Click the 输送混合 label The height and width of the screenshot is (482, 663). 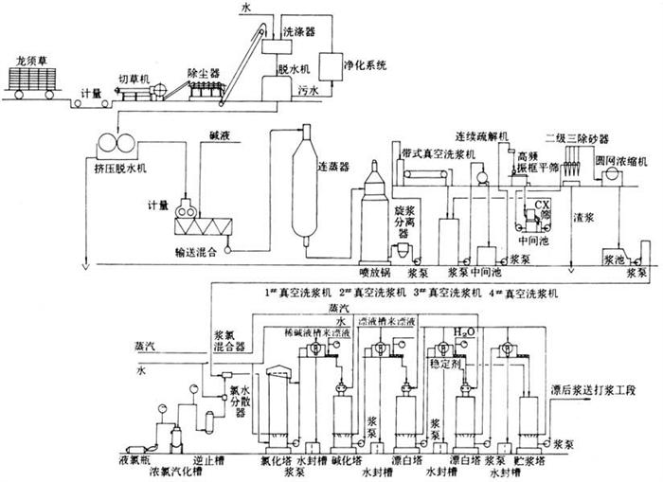(x=196, y=253)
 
